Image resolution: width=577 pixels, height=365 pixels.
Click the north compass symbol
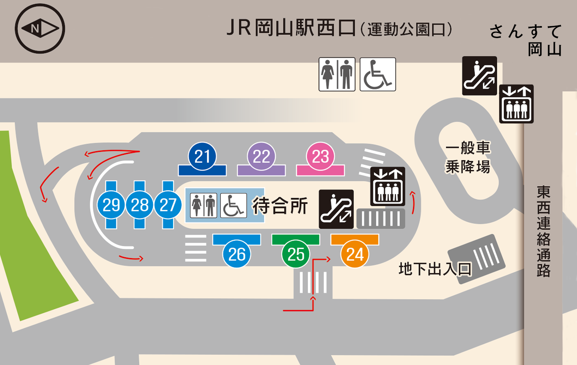click(40, 28)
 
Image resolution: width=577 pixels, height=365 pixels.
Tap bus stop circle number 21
click(202, 156)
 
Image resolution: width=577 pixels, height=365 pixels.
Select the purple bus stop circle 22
click(261, 156)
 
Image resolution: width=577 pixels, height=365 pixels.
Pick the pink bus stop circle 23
click(321, 156)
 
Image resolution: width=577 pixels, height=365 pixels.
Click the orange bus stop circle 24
click(355, 254)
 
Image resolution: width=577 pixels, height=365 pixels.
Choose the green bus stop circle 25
click(296, 254)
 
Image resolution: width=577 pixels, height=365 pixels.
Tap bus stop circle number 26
click(237, 254)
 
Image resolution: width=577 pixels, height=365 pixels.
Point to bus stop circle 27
click(168, 205)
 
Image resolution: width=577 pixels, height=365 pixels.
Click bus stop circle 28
click(139, 205)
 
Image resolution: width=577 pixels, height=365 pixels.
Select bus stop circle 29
click(111, 205)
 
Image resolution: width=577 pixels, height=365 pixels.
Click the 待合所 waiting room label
click(280, 205)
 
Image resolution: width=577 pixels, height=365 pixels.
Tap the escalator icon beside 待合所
click(336, 209)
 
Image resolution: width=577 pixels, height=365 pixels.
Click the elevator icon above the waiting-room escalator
click(388, 187)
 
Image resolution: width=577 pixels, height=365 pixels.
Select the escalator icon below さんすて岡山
click(479, 76)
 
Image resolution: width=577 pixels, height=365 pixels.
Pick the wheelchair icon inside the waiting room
click(234, 205)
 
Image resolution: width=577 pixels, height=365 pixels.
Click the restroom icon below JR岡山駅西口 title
click(337, 74)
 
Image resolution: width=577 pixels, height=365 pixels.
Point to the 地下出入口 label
click(435, 269)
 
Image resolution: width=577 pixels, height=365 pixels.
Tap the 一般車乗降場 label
click(468, 157)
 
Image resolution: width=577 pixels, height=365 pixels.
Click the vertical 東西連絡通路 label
click(543, 231)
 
